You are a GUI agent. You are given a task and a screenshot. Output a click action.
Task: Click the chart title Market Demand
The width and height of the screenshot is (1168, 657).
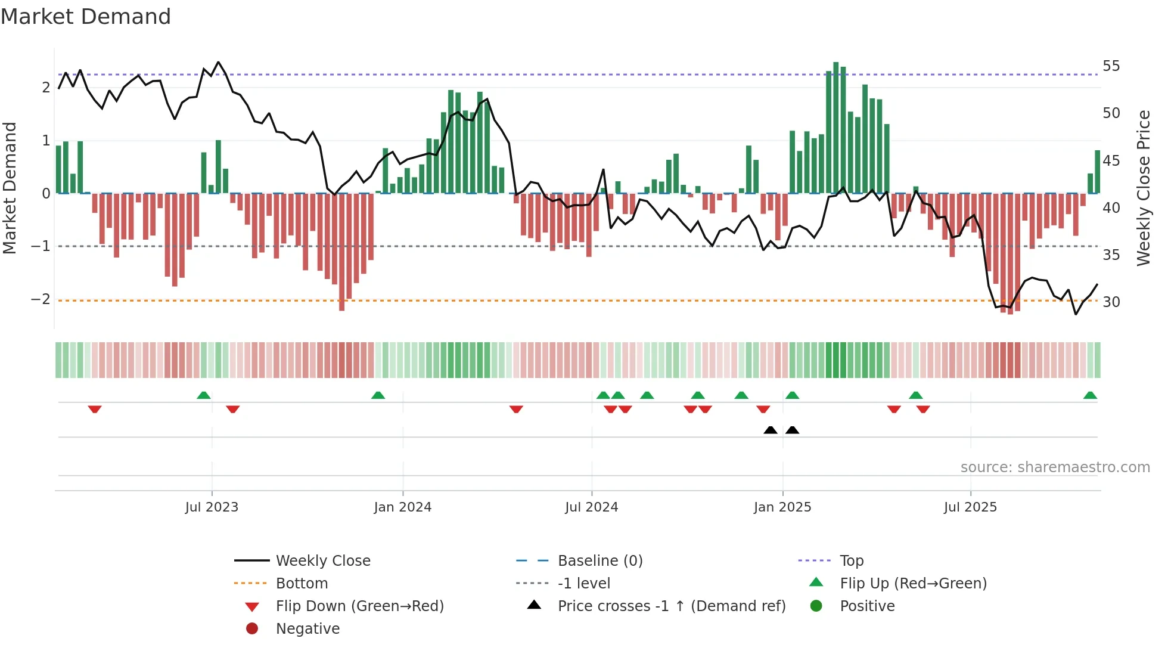(86, 17)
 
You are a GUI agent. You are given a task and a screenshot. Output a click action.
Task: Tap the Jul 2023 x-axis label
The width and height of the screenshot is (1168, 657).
(212, 507)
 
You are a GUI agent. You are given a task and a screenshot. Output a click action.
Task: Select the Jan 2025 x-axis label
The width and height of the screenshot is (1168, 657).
(782, 507)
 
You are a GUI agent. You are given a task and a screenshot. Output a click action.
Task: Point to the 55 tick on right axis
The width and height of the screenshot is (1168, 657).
(1111, 66)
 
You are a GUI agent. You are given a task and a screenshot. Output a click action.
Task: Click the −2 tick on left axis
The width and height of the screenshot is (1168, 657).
(41, 299)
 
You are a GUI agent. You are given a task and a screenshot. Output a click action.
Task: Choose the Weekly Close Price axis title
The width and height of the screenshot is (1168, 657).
(1143, 188)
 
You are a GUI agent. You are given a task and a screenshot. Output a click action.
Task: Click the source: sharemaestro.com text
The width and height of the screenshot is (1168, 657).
(1055, 467)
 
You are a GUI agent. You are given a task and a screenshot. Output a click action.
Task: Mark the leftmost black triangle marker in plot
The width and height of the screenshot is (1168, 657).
(771, 430)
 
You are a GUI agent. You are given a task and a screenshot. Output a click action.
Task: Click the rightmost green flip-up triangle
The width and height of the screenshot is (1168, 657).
(1090, 395)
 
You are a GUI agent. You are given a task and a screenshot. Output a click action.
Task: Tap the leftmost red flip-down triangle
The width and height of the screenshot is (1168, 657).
(95, 409)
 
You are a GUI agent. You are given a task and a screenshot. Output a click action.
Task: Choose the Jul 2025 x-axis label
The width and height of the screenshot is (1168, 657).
(970, 507)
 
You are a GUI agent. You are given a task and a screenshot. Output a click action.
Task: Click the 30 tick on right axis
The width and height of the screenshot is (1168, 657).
(1111, 302)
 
